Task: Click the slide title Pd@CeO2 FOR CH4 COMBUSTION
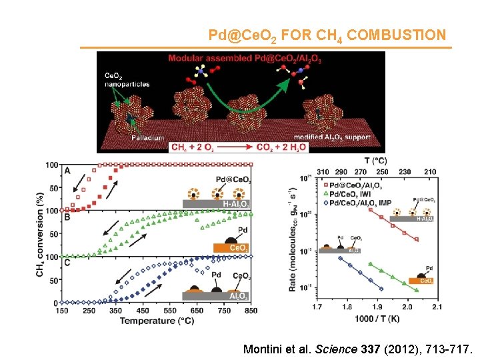[x=327, y=35]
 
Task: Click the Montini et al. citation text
[x=358, y=349]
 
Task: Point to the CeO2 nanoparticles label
[x=127, y=81]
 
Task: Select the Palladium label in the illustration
[x=147, y=137]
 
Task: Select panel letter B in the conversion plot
[x=67, y=216]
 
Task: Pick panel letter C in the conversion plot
[x=67, y=262]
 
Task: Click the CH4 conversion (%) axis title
[x=41, y=234]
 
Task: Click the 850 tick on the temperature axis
[x=251, y=311]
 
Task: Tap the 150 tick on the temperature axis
[x=61, y=311]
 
